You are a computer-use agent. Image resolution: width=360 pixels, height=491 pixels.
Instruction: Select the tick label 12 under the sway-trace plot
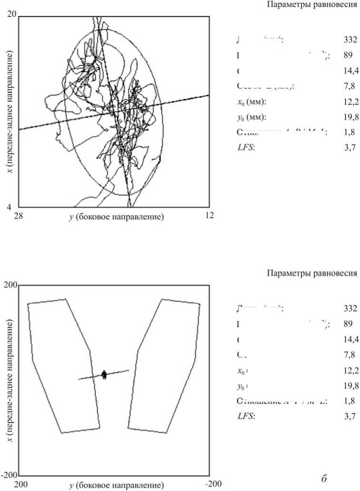coord(210,216)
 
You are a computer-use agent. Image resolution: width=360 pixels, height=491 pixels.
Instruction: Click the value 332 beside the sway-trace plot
coord(350,40)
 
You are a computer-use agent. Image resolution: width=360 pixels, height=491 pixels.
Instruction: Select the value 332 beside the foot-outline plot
coord(350,308)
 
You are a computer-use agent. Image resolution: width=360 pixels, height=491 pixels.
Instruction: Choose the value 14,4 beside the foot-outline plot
coord(350,339)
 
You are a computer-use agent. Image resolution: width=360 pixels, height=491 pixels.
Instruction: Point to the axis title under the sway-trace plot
coord(116,216)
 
